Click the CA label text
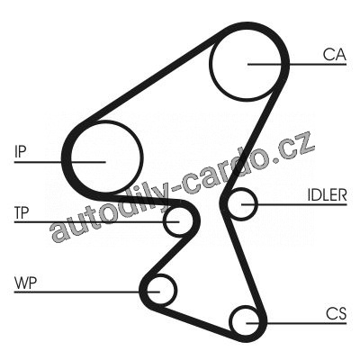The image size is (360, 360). point(335,55)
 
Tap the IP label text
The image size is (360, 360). point(21,152)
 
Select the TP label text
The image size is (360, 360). point(22,212)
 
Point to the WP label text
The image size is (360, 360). point(25,283)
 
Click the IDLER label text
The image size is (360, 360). point(327,195)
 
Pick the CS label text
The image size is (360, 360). point(337,314)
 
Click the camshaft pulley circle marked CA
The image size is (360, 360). point(211,65)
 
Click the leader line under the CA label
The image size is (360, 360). point(297,64)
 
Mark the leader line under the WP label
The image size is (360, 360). point(87,292)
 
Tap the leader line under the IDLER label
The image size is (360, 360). point(294,204)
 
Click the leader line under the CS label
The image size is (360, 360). point(296,323)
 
